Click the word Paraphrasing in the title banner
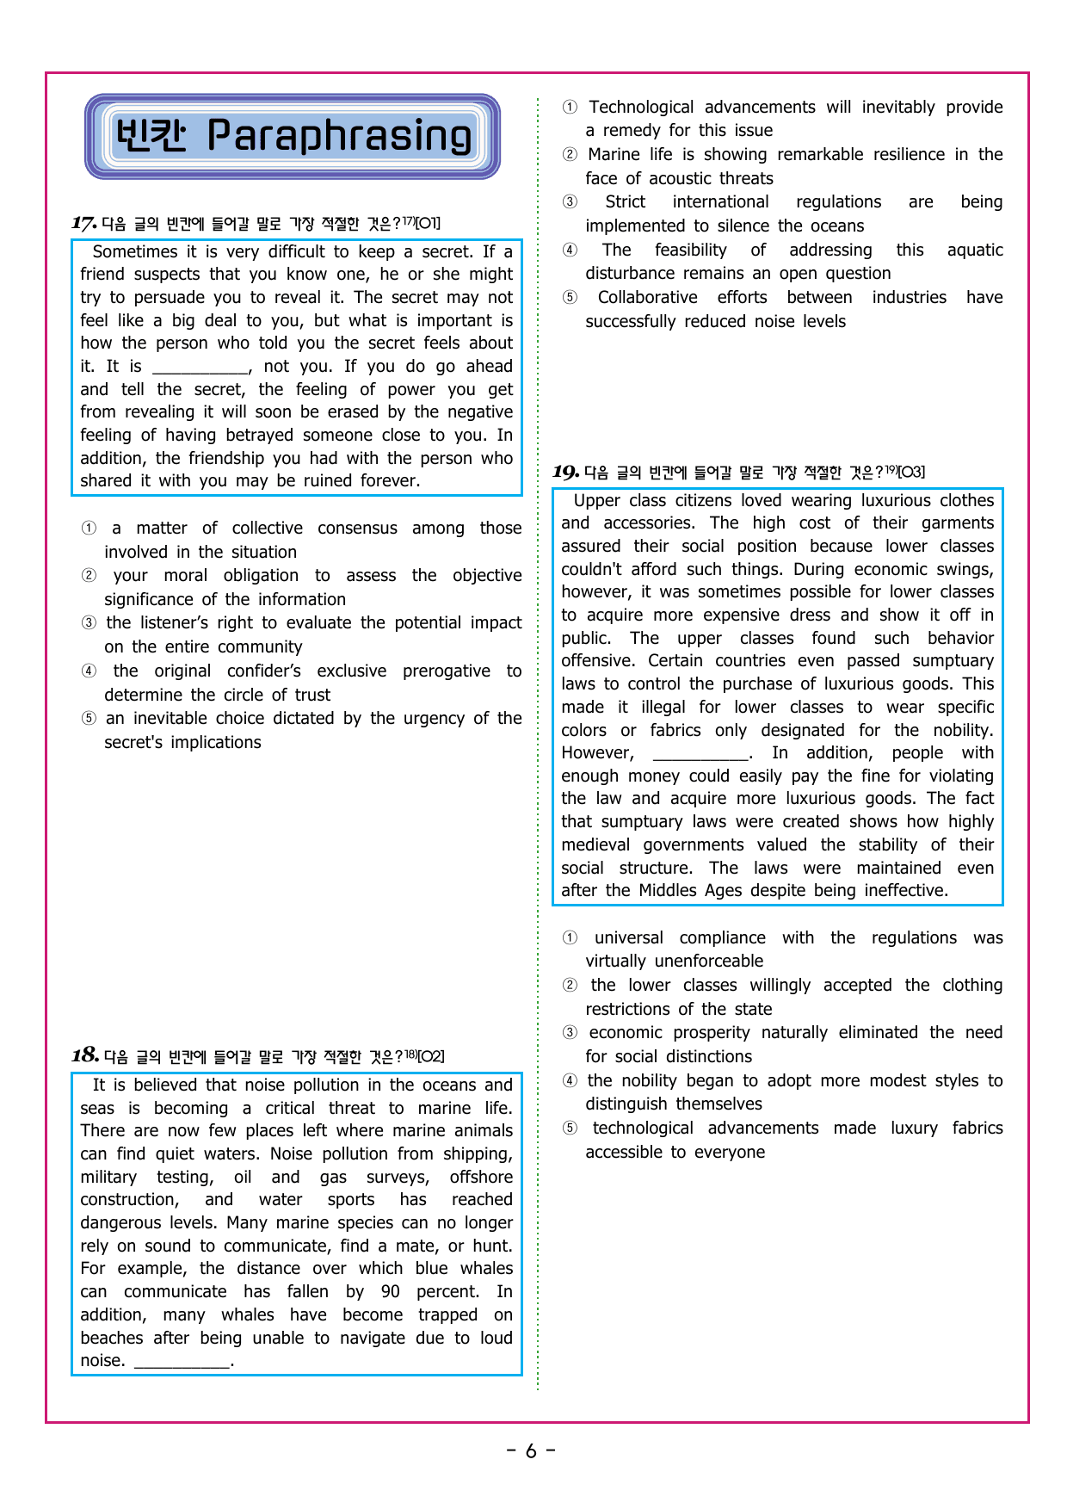click(340, 136)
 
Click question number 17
click(83, 224)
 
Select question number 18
click(84, 1055)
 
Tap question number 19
click(565, 472)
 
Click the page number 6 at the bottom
click(531, 1451)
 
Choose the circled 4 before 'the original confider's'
click(89, 671)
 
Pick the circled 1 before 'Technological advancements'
click(570, 108)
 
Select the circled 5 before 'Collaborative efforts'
click(570, 298)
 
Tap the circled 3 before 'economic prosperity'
click(570, 1033)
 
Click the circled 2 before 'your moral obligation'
click(89, 576)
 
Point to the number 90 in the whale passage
click(390, 1292)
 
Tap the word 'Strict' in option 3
click(625, 202)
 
